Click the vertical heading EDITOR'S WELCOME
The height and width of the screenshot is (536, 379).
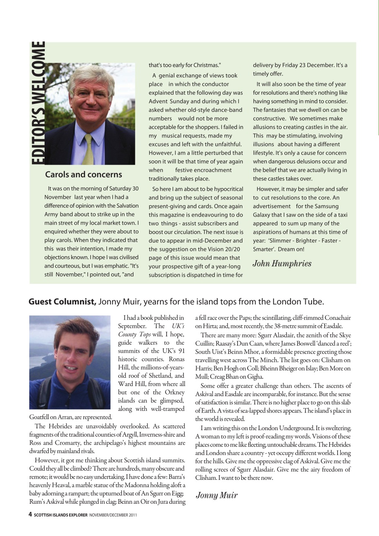tap(37, 102)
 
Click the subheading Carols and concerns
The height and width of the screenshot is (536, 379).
tap(83, 175)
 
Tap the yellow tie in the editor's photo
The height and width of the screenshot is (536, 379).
tap(88, 149)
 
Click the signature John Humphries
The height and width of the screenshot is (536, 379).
tap(282, 263)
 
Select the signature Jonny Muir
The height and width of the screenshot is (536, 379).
tap(217, 495)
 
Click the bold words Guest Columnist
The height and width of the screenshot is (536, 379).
tap(62, 301)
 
